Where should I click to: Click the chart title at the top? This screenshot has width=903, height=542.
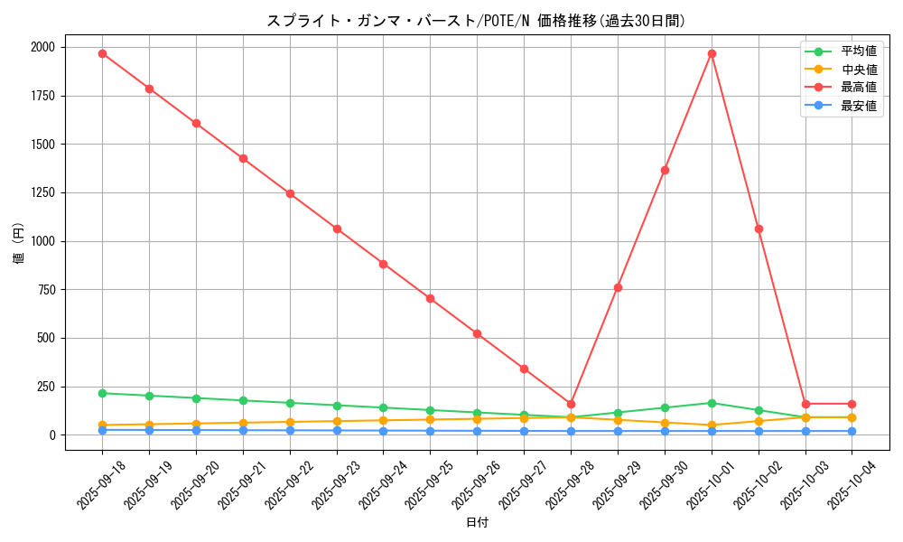tap(476, 21)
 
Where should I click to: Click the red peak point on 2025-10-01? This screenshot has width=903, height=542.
tap(712, 53)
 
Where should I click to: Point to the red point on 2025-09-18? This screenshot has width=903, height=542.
tap(102, 53)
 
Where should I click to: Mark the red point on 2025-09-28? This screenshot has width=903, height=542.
tap(571, 404)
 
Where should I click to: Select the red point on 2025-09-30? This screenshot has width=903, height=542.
tap(665, 170)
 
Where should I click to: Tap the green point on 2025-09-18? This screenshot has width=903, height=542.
tap(102, 393)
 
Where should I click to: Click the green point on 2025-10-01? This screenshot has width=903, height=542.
tap(712, 403)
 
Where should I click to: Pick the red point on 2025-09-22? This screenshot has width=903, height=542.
tap(290, 193)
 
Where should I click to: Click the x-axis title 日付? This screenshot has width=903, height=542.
tap(477, 523)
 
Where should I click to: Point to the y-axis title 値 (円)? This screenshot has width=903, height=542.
tap(19, 244)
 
